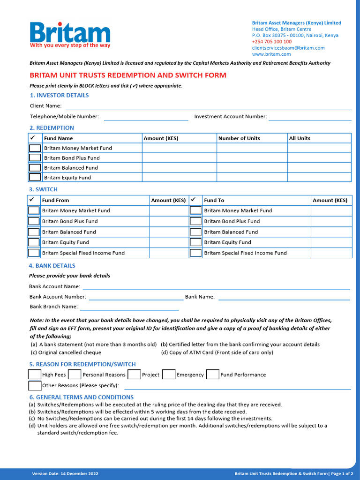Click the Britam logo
(x=70, y=35)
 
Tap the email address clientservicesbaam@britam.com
(x=288, y=48)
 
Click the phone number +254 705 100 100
(x=271, y=42)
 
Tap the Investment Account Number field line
(x=310, y=120)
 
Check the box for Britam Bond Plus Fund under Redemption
(x=35, y=158)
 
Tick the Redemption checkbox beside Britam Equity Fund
(x=35, y=178)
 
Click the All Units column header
(x=300, y=138)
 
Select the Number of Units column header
(x=239, y=138)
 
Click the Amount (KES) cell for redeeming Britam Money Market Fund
(x=179, y=148)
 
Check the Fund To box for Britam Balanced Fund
(x=195, y=232)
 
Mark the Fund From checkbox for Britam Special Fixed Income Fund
(x=34, y=253)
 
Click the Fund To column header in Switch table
(x=214, y=200)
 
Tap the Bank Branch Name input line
(x=129, y=309)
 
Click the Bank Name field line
(x=284, y=299)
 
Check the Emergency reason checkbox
(x=169, y=375)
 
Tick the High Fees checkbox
(x=34, y=375)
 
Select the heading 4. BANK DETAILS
(x=52, y=266)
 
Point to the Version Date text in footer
(x=65, y=474)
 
